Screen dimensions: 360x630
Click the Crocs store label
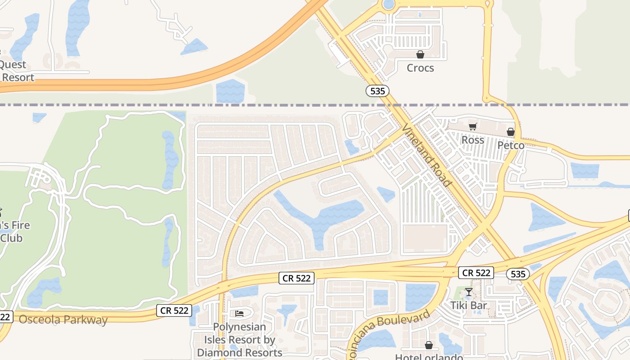click(420, 68)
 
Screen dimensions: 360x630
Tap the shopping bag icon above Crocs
click(420, 54)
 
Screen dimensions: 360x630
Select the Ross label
click(473, 140)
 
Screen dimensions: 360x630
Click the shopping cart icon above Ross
click(472, 127)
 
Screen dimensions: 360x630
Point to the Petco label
click(511, 145)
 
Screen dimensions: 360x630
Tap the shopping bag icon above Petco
click(511, 132)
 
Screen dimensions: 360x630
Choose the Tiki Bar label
click(469, 306)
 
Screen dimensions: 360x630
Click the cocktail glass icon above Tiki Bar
click(468, 292)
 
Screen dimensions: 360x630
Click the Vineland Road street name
click(426, 155)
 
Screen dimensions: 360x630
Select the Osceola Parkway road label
click(63, 320)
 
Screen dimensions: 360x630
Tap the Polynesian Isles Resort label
click(239, 340)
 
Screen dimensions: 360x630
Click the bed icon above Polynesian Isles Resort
click(239, 313)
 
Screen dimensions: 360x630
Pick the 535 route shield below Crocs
click(377, 91)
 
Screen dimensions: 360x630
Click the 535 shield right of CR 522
click(517, 274)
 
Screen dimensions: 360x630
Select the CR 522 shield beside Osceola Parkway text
click(174, 310)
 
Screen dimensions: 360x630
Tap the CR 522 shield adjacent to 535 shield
click(476, 273)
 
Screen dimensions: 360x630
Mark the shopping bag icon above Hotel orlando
click(429, 345)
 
